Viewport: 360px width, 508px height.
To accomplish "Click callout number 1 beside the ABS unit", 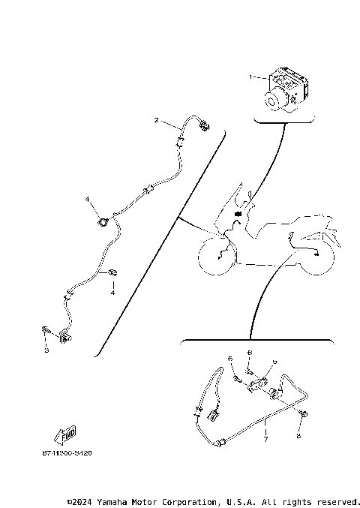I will coord(252,77).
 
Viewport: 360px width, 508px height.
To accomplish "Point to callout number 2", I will coord(156,120).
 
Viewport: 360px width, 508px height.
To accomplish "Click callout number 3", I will coord(46,350).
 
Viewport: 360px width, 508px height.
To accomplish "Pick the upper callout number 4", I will coord(87,200).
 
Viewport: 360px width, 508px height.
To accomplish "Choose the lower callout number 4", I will coord(112,292).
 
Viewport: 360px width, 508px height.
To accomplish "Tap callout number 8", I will coord(298,435).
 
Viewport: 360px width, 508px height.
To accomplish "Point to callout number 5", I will coord(274,362).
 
